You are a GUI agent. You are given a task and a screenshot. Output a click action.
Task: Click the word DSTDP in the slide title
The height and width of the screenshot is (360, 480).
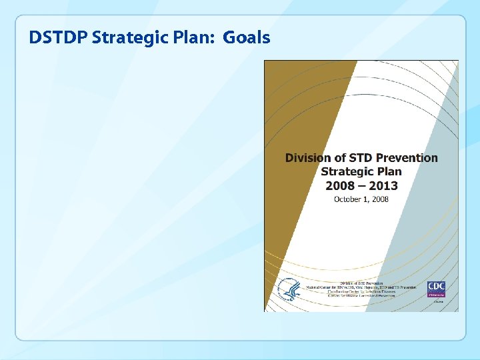pos(58,37)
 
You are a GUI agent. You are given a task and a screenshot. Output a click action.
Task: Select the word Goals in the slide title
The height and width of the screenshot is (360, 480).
pos(247,37)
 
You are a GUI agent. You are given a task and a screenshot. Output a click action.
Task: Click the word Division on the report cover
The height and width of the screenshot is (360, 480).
pos(309,158)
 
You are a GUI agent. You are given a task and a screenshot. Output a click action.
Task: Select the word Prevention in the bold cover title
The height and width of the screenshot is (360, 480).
pos(407,158)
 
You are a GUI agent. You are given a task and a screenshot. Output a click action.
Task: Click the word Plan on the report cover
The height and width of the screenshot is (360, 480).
pos(387,171)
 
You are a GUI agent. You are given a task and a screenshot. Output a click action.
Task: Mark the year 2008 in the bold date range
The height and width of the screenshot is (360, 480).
pos(341,185)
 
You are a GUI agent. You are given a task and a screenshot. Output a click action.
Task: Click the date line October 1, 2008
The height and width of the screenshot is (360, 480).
pos(361,199)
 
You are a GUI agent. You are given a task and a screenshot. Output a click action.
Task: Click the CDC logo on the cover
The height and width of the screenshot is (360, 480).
pos(437,289)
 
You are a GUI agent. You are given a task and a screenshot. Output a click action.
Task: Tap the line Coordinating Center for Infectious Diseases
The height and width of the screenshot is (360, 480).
pos(361,291)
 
